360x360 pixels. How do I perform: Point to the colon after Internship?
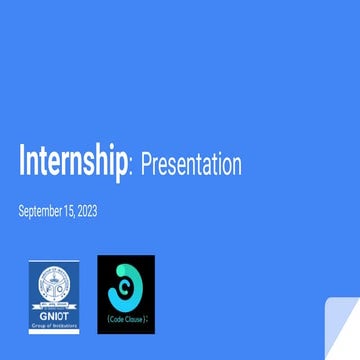click(x=132, y=167)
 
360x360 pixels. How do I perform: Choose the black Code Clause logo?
click(x=126, y=294)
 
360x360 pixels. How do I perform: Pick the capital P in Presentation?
click(x=144, y=164)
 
